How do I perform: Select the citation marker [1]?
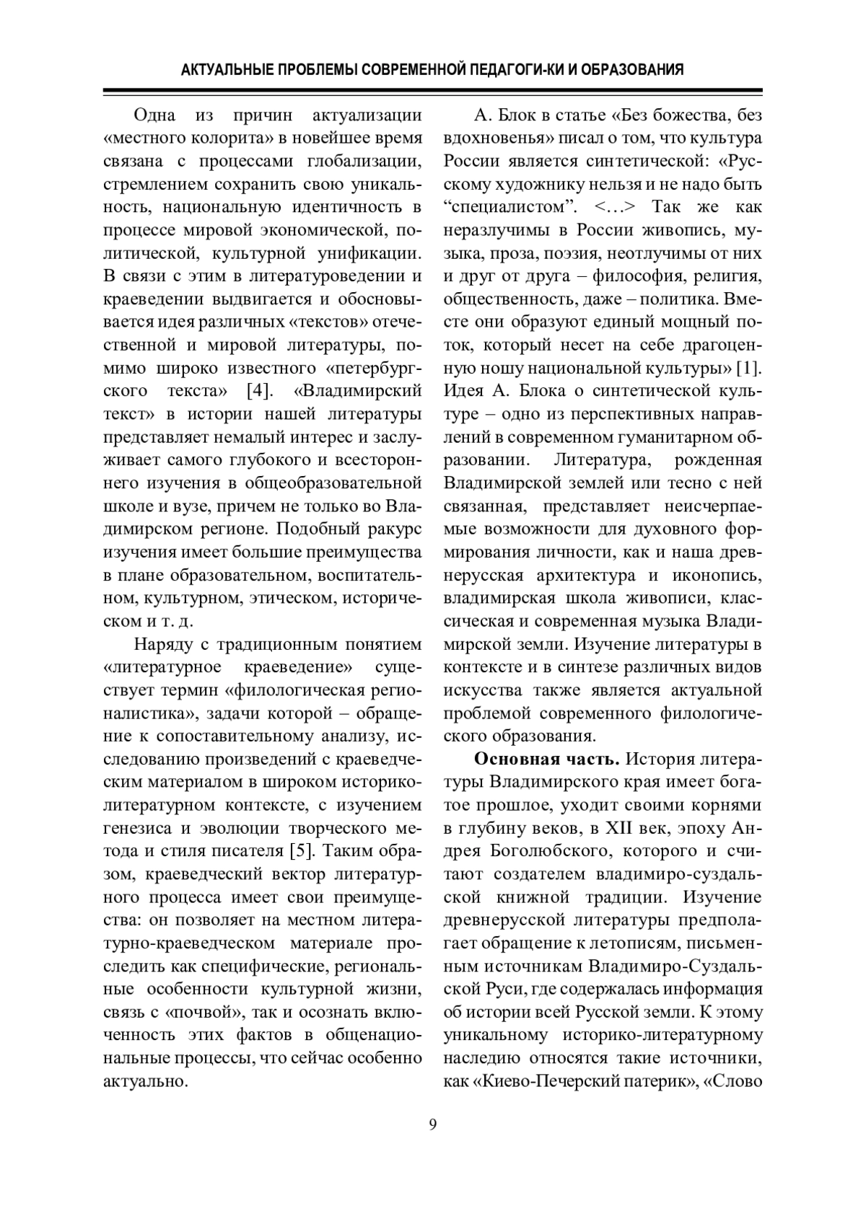tap(748, 369)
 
